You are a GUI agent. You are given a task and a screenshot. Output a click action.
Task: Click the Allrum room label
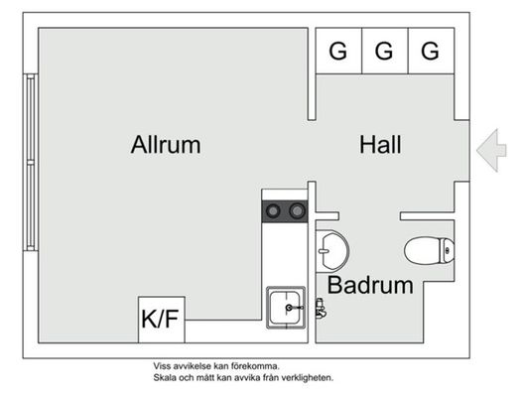[166, 145]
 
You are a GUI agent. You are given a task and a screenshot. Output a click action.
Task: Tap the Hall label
[380, 145]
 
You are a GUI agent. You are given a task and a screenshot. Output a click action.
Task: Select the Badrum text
[370, 285]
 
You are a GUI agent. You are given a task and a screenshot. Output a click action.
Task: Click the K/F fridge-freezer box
[162, 320]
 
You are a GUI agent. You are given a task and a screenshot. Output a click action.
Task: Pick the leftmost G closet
[338, 51]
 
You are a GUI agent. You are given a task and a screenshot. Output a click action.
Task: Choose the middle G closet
[385, 51]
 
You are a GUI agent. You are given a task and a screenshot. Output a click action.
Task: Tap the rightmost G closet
[431, 51]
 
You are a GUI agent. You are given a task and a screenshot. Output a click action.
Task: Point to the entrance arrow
[491, 150]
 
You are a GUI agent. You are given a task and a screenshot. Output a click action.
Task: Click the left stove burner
[273, 211]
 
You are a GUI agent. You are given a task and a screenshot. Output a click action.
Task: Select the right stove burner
[297, 211]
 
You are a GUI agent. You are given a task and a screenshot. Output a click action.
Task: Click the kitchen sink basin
[286, 308]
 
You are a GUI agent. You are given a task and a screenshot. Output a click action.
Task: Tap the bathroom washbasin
[332, 250]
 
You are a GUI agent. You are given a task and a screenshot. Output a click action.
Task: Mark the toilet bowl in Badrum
[422, 251]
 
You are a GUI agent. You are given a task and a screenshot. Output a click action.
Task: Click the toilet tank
[448, 251]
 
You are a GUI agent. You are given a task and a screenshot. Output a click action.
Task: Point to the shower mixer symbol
[321, 309]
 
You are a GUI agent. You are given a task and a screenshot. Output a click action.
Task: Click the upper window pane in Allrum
[31, 117]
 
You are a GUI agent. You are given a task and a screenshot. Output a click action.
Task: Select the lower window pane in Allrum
[31, 205]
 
